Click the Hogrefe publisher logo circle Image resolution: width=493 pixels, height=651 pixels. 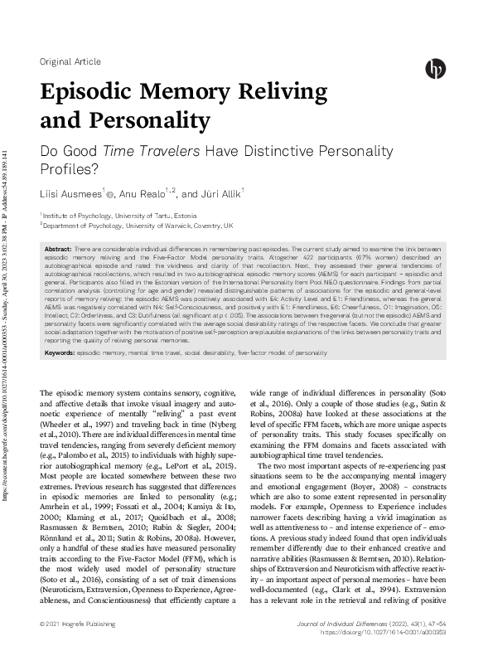435,69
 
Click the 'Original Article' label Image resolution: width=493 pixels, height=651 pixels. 70,62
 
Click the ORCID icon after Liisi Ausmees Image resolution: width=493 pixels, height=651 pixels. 111,195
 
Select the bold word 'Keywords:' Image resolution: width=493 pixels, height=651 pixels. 60,353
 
